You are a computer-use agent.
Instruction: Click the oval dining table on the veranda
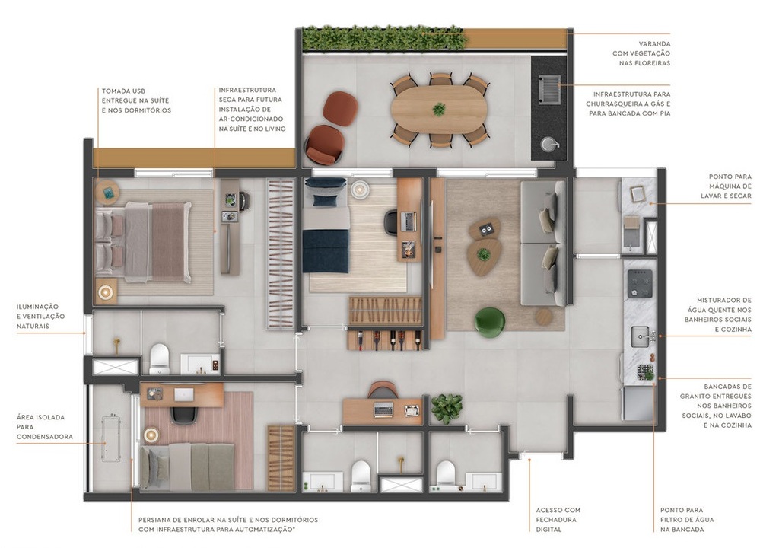(x=439, y=110)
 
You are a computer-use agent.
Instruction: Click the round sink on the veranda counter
(x=549, y=143)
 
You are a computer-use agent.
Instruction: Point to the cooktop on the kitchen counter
(x=638, y=285)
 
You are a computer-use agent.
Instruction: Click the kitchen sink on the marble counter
(x=640, y=333)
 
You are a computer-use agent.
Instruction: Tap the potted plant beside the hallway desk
(x=446, y=407)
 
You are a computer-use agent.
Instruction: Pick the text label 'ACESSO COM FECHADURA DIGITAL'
(x=558, y=520)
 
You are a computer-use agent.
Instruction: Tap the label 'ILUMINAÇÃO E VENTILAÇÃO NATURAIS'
(x=40, y=316)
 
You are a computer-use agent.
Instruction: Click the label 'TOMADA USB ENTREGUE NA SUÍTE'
(x=136, y=100)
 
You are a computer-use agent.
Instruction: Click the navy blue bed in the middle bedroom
(x=326, y=228)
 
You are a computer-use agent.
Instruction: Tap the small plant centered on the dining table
(x=439, y=109)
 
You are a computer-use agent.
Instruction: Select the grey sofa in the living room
(x=543, y=244)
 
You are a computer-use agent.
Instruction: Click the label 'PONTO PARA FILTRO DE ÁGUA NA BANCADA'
(x=687, y=519)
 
